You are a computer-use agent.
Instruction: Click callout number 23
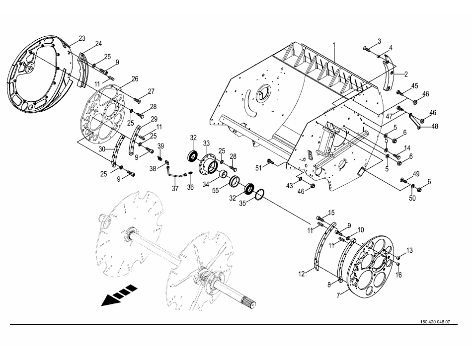tap(82, 38)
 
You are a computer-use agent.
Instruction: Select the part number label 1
tap(334, 45)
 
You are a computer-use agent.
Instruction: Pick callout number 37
tap(174, 189)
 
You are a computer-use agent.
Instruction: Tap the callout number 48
tap(435, 126)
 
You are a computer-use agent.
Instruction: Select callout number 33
tap(206, 143)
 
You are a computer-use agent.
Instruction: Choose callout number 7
tap(339, 295)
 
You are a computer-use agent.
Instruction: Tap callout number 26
tap(135, 78)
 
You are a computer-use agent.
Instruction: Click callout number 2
tap(406, 74)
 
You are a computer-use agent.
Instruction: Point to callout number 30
tap(101, 149)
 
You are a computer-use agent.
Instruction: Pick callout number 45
tap(415, 85)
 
